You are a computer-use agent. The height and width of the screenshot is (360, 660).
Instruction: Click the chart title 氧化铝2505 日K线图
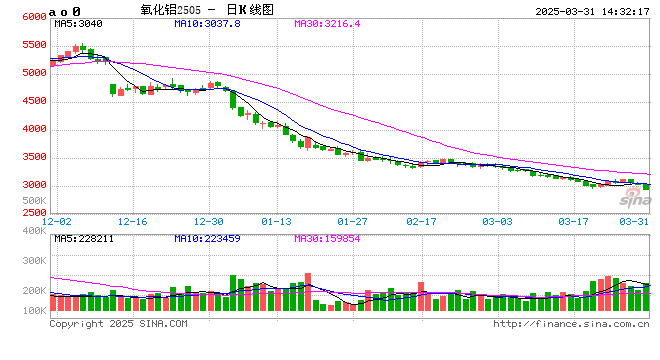click(x=206, y=9)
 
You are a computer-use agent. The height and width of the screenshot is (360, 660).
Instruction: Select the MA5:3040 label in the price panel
click(x=78, y=23)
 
